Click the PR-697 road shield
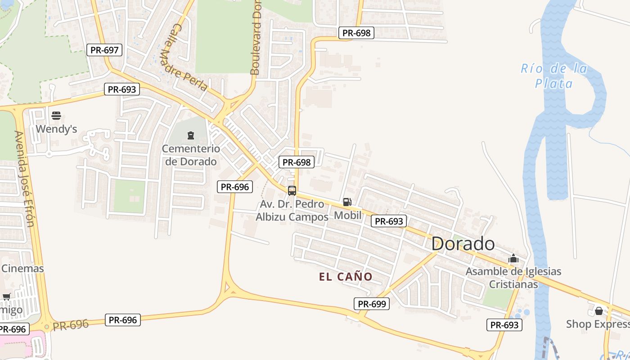click(104, 50)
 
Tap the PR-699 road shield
click(372, 304)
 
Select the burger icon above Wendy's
click(56, 116)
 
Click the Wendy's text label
click(56, 129)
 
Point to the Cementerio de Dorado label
click(191, 155)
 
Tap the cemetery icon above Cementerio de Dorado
click(191, 135)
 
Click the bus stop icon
click(292, 190)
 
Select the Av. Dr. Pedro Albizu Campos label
click(292, 211)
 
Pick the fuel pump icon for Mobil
click(347, 202)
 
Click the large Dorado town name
click(463, 244)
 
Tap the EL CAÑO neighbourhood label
click(346, 277)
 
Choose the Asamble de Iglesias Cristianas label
click(513, 278)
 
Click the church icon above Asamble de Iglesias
click(513, 259)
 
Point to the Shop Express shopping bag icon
click(598, 311)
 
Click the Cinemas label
click(22, 269)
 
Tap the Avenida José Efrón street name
click(24, 178)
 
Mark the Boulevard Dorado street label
click(256, 38)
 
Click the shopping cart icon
click(6, 297)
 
